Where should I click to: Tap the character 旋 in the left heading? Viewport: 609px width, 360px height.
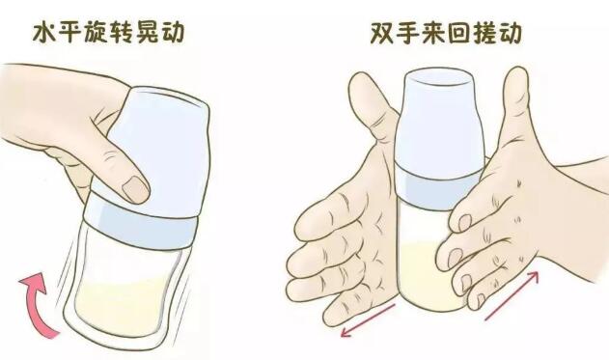tap(96, 33)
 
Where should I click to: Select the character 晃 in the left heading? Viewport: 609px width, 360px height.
tap(147, 33)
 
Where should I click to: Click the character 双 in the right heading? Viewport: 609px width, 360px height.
tap(382, 33)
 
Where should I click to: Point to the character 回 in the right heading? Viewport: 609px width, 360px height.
tap(458, 33)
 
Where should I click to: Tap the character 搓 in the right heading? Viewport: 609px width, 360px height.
tap(484, 33)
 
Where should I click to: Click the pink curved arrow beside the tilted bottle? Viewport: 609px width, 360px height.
tap(36, 305)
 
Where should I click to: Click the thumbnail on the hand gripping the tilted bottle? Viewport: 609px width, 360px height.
tap(135, 189)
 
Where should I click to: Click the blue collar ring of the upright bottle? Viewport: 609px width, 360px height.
tap(439, 190)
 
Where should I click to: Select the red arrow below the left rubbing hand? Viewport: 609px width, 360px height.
tap(368, 320)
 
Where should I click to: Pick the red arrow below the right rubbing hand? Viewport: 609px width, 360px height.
tap(512, 296)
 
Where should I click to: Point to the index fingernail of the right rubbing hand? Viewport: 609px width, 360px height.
tap(464, 223)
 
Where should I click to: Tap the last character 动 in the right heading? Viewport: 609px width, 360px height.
tap(510, 33)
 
